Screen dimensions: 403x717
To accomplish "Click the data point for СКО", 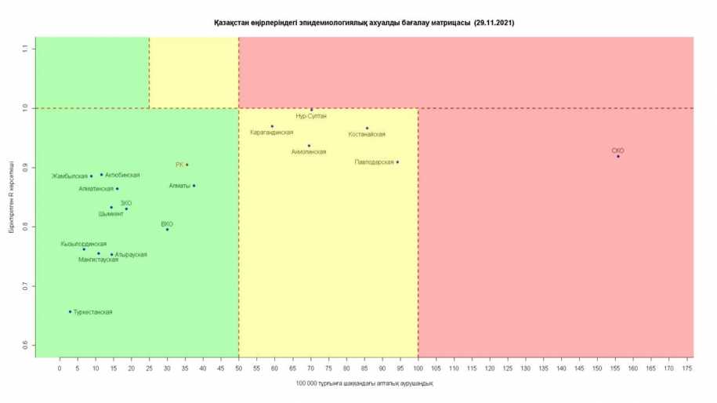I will point(617,157).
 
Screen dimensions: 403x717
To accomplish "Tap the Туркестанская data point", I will point(70,311).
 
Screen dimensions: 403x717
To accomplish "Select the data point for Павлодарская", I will point(397,162).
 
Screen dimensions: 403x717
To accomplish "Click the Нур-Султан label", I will point(311,116).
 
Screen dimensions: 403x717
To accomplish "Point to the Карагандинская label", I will point(272,133).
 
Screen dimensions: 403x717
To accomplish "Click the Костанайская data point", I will point(367,128).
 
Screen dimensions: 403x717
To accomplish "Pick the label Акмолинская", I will point(308,152).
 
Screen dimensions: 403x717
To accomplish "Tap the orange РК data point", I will point(187,165).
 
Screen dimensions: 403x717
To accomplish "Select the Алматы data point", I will point(194,186).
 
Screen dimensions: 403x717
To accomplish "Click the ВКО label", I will point(167,223).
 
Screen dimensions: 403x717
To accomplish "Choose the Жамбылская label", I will point(70,176).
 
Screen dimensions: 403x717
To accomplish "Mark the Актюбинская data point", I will point(101,175).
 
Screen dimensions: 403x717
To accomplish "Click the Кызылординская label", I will point(84,244).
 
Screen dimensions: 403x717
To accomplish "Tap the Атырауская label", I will point(130,255).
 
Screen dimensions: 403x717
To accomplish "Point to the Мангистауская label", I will point(99,260).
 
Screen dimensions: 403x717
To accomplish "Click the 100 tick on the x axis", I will point(418,367).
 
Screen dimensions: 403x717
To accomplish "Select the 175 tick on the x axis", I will point(687,367).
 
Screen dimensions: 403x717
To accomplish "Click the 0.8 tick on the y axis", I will point(25,227).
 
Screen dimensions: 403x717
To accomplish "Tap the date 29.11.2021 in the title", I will point(494,24).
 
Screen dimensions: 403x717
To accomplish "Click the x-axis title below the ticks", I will point(364,383).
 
